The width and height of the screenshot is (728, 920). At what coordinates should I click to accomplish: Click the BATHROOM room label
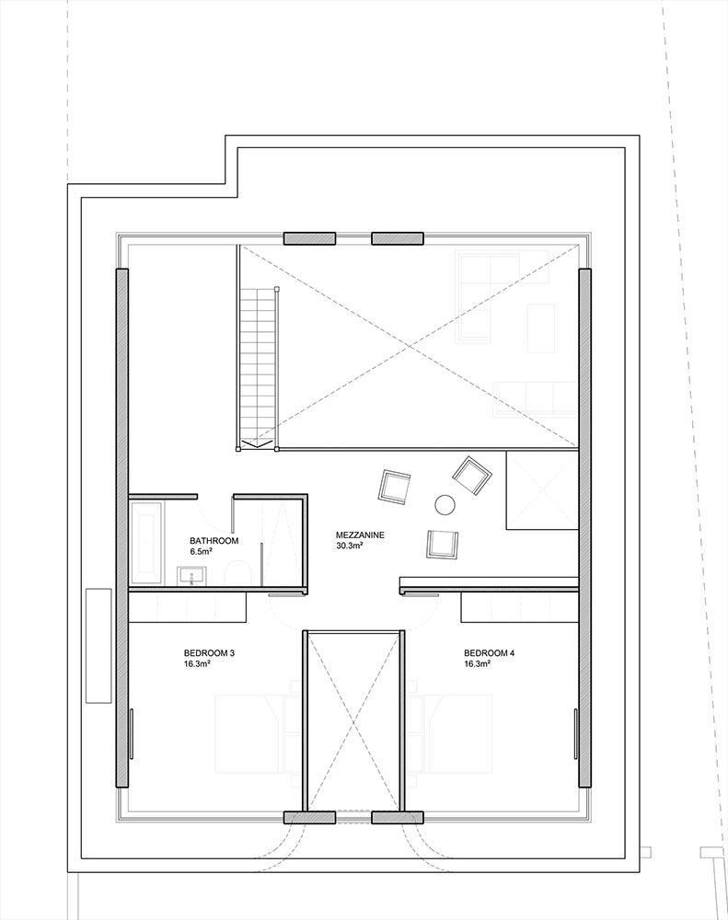(x=214, y=540)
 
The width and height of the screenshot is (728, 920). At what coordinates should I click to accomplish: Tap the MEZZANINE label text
(x=360, y=535)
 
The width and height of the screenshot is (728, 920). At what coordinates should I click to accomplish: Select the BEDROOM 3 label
(x=209, y=653)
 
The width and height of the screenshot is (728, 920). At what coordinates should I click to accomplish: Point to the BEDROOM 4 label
(x=489, y=653)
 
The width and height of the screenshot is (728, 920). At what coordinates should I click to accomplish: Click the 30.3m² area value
(x=349, y=546)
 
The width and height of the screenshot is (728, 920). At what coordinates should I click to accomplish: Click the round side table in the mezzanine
(x=445, y=504)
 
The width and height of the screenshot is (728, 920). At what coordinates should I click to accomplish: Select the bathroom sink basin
(x=192, y=576)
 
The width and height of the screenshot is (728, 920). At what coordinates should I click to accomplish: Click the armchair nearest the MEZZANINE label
(x=443, y=543)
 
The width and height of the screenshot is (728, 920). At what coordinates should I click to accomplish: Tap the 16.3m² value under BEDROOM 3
(x=197, y=664)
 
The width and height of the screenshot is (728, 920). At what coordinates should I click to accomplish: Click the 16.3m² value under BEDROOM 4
(x=477, y=664)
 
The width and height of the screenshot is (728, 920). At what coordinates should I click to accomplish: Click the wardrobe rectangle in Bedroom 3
(x=187, y=606)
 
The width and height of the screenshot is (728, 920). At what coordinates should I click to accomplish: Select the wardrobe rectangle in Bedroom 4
(x=520, y=606)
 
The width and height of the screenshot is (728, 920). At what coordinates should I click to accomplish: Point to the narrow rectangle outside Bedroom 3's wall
(x=98, y=646)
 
